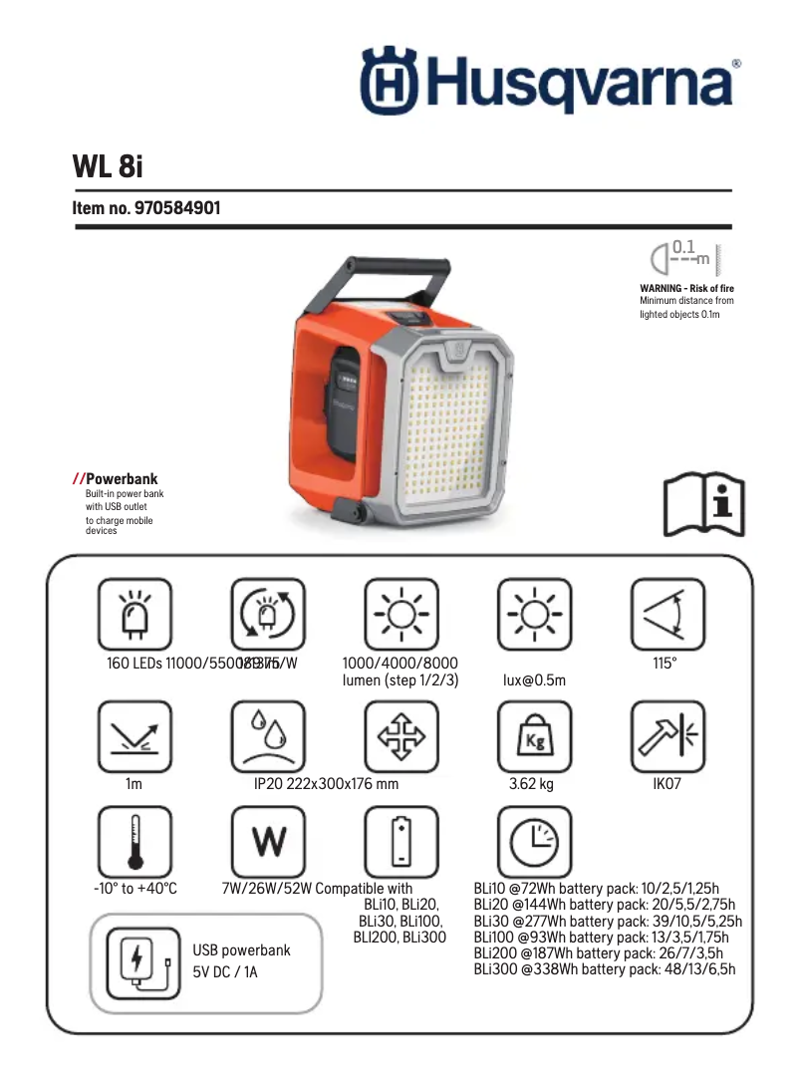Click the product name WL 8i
click(x=109, y=165)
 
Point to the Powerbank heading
click(x=122, y=479)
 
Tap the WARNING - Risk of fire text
click(x=686, y=288)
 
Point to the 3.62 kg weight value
click(x=531, y=784)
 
